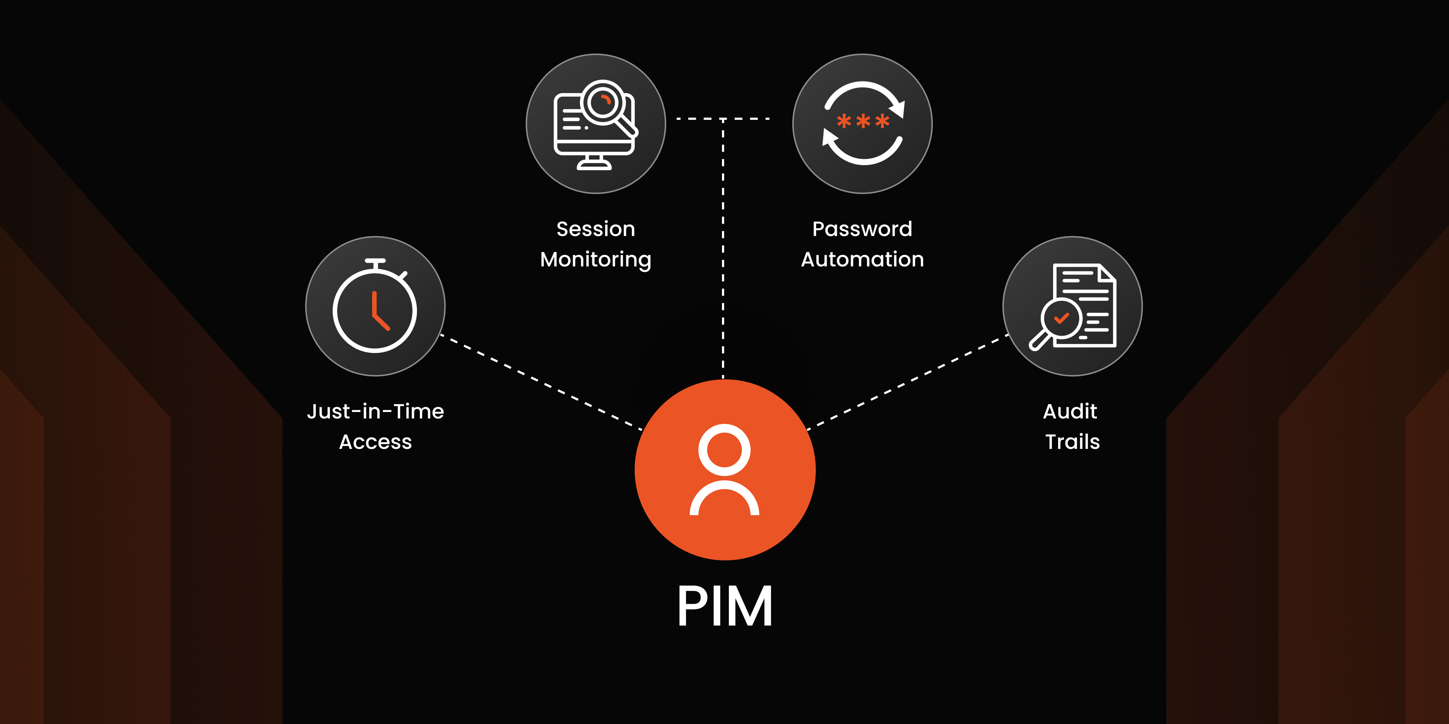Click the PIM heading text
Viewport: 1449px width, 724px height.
724,606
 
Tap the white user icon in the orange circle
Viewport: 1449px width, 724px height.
724,470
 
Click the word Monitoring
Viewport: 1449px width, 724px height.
596,260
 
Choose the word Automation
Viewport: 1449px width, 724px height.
862,260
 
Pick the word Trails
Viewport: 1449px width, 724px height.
1072,442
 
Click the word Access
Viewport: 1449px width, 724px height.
375,442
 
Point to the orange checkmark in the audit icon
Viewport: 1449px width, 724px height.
1061,319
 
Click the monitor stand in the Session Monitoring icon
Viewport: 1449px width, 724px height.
594,163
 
